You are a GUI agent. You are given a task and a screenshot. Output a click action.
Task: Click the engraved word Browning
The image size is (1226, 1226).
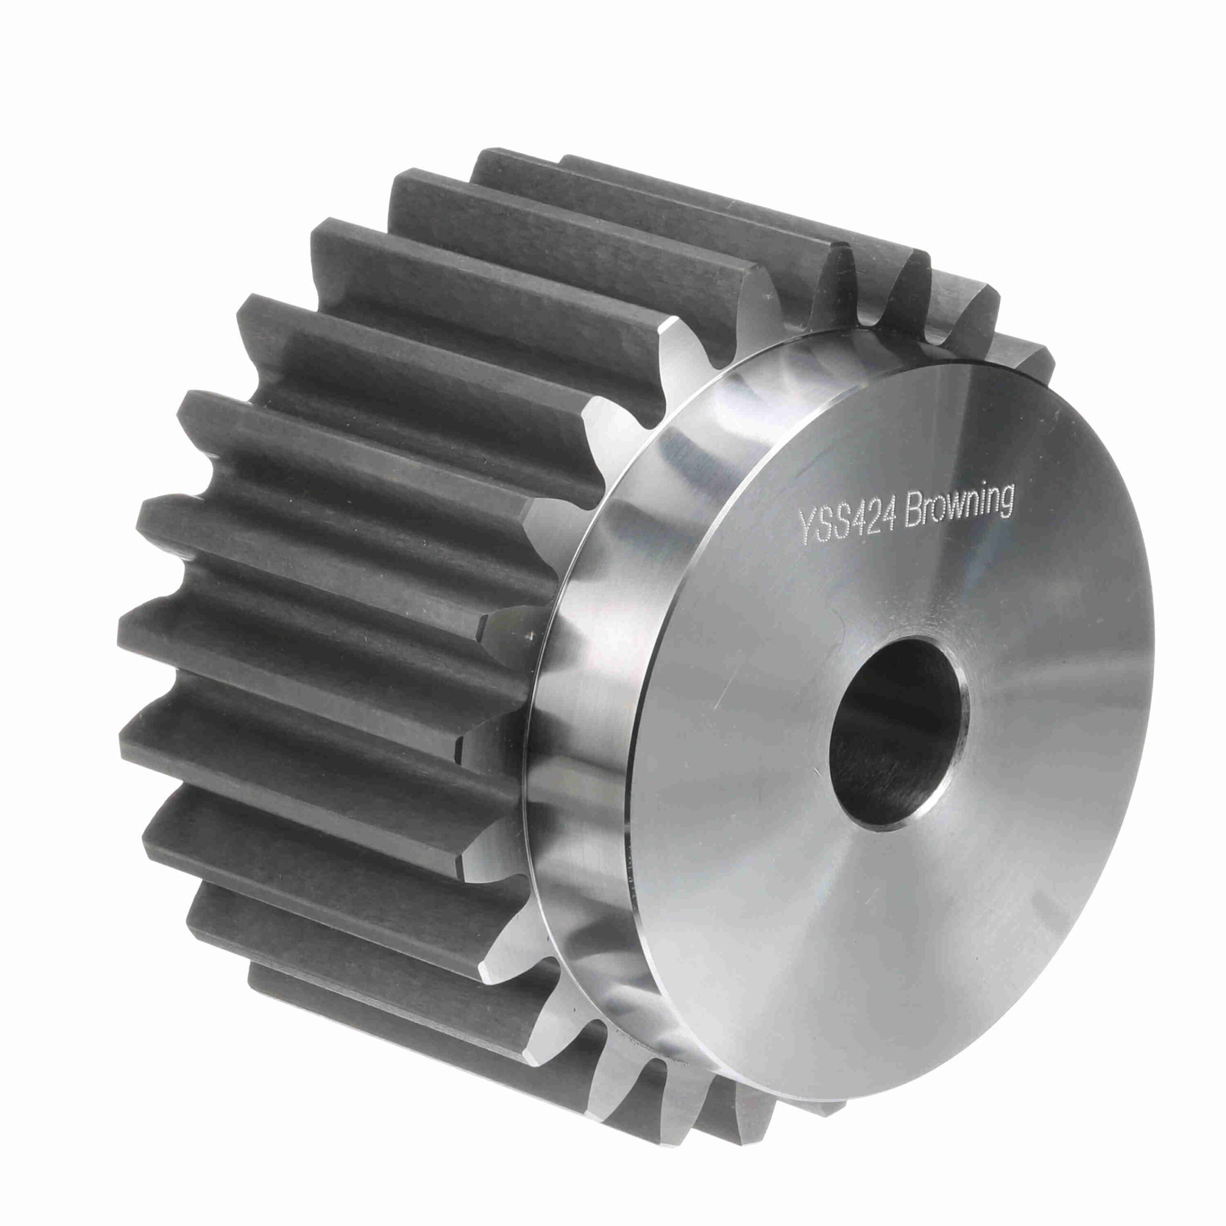957,508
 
